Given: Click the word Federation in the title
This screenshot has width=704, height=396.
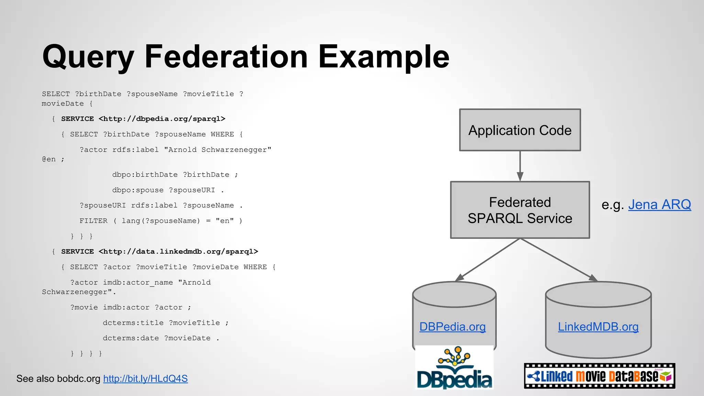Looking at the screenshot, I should [226, 57].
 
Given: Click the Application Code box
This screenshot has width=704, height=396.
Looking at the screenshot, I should [520, 130].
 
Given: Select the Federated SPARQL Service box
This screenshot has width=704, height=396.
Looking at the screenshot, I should [520, 210].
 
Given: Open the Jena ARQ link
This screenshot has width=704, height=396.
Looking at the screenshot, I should [659, 205].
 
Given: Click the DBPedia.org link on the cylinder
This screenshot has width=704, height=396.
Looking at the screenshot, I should [452, 327].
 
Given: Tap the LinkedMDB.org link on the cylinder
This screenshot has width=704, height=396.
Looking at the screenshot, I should [598, 327].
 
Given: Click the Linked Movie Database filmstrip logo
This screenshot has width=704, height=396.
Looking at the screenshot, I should [599, 376].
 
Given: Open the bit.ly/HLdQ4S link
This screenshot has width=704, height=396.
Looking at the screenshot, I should [145, 379].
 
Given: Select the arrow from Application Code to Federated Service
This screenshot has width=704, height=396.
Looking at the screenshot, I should [520, 166].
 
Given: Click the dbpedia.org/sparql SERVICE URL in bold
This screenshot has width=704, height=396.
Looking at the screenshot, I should [162, 119].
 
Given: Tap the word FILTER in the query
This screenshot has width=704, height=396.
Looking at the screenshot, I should [93, 221].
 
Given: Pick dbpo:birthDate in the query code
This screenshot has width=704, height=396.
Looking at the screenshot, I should [145, 175].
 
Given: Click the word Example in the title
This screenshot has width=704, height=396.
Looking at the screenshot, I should [384, 57].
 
